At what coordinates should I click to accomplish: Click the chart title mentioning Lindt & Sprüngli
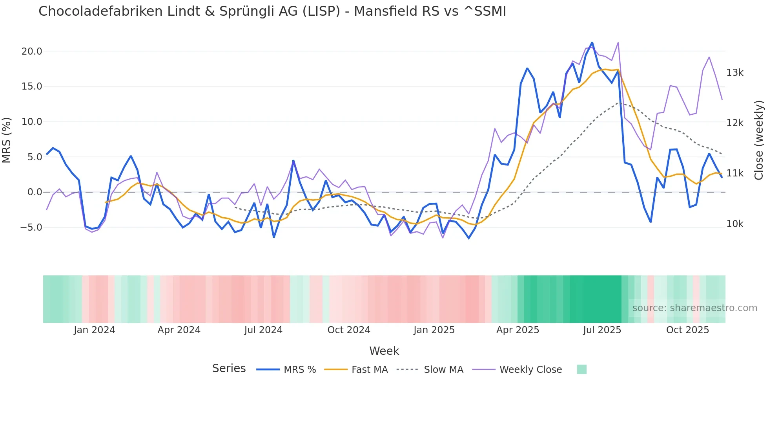coord(272,11)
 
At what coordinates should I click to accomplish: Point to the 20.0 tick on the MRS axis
coord(32,51)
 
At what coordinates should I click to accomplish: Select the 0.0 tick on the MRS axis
coord(35,192)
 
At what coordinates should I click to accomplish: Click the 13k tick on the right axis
coord(734,73)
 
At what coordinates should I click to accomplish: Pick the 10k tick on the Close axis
coord(734,224)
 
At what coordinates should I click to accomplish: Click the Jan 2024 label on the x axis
coord(94,330)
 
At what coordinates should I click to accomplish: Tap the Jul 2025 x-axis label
coord(602,330)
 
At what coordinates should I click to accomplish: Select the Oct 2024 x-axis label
coord(349,330)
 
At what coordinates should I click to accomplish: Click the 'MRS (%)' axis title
coord(7,140)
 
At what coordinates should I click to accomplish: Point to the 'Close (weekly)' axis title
coord(759,140)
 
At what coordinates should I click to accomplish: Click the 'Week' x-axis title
coord(384,351)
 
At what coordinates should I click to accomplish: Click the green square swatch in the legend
coord(582,369)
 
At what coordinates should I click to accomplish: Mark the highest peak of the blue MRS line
coord(592,43)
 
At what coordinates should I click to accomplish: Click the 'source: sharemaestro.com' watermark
coord(694,308)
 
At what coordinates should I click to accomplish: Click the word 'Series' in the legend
coord(229,369)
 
